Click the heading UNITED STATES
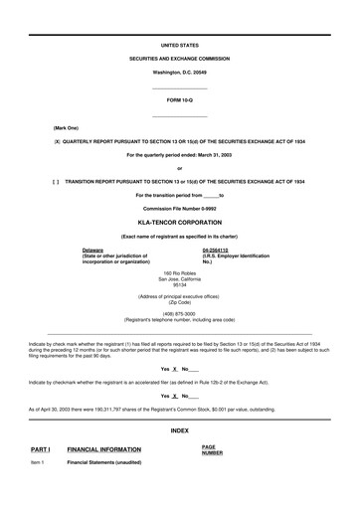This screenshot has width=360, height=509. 180,46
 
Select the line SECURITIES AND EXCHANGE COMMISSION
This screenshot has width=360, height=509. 180,60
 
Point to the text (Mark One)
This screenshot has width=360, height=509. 69,129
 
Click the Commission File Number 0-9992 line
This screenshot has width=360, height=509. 180,209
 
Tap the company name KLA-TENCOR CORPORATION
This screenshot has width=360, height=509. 180,225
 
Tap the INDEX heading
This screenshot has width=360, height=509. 180,429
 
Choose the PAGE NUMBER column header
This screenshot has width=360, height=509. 212,450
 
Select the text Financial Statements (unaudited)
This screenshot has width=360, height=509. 103,462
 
